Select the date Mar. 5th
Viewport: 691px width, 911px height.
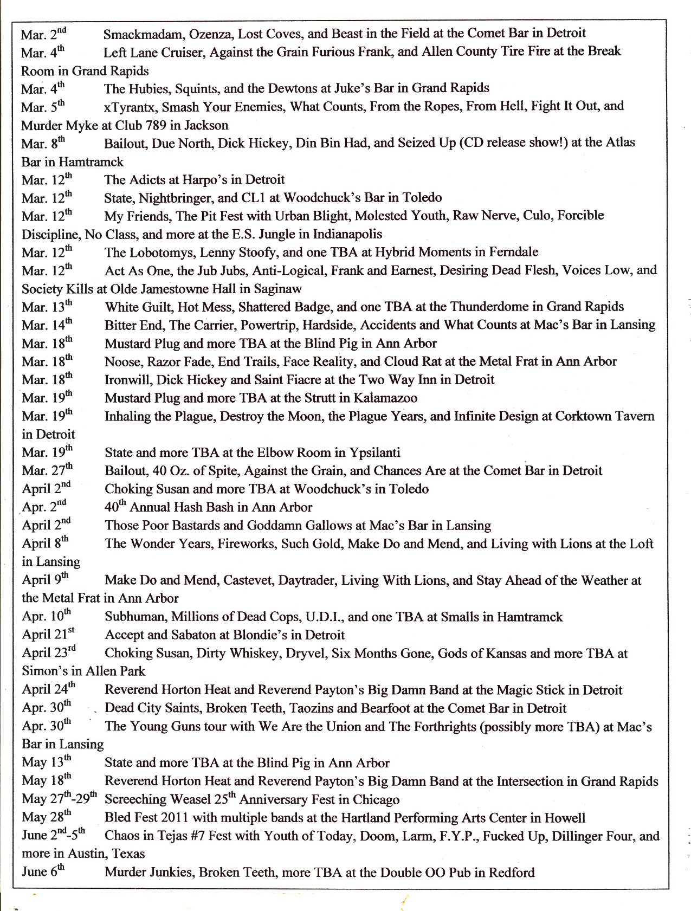click(42, 107)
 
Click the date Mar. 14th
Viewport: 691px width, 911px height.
click(47, 325)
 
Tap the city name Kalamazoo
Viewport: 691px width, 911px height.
click(385, 398)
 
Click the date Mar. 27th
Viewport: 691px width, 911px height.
click(47, 470)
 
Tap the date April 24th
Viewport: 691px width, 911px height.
click(48, 689)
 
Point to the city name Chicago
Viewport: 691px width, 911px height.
click(374, 800)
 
